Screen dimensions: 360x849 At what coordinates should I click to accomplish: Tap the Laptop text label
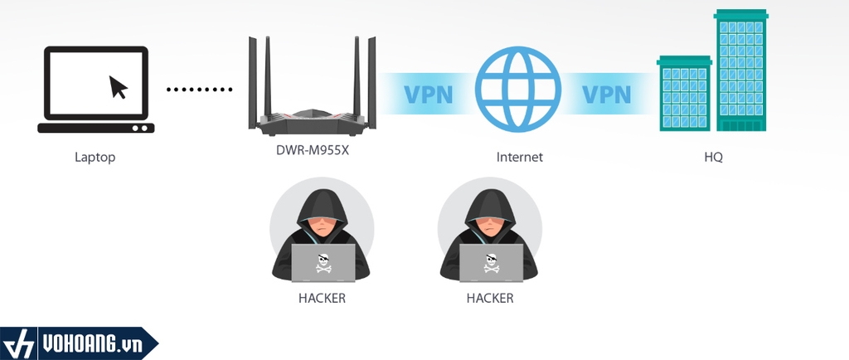click(95, 157)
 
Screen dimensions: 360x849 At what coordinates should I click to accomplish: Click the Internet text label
click(519, 157)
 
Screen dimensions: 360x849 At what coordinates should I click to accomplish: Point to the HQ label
click(712, 157)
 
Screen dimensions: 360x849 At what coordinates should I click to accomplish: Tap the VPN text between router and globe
click(428, 93)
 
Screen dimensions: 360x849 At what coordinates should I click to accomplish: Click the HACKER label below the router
click(322, 298)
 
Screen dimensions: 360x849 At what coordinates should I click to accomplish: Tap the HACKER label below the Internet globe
click(490, 298)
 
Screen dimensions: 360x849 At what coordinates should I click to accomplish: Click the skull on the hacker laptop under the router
click(323, 263)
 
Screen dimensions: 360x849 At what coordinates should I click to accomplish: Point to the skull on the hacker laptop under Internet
click(491, 263)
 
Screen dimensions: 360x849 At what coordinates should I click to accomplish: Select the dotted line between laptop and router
click(201, 89)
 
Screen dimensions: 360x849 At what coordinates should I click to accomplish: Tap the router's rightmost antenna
click(372, 79)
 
